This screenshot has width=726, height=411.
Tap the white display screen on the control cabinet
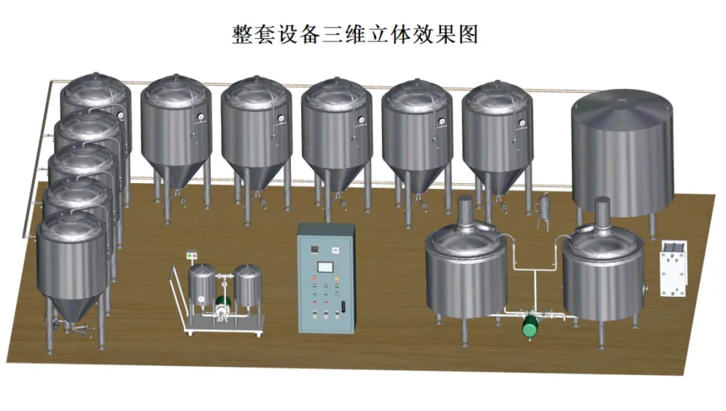(x=326, y=267)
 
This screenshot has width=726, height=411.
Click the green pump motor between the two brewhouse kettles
(x=529, y=324)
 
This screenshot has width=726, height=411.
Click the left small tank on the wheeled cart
(x=201, y=287)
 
